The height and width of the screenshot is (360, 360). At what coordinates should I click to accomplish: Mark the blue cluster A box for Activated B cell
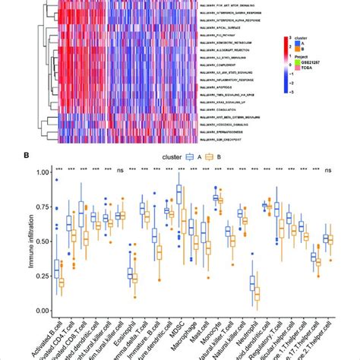tap(57, 269)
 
